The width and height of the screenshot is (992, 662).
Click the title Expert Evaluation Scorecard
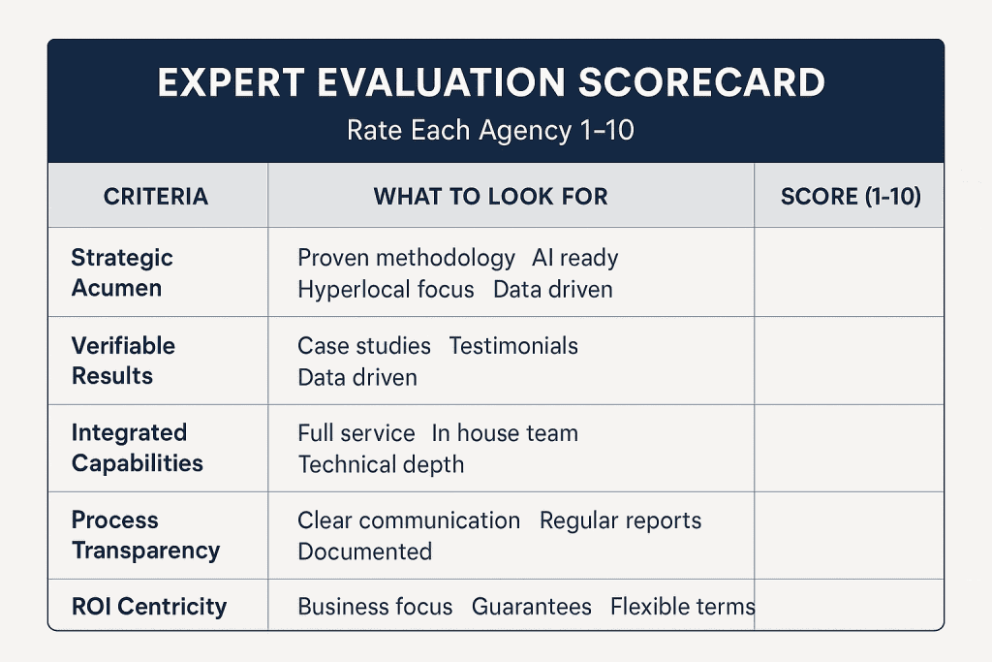(x=490, y=83)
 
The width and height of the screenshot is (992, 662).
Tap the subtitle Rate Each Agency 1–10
(x=490, y=129)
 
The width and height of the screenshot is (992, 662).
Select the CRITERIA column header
(x=155, y=197)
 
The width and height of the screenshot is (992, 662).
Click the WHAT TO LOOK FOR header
(x=490, y=197)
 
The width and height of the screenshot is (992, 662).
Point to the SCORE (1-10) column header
(x=851, y=197)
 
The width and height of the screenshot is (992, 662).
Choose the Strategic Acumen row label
(x=122, y=272)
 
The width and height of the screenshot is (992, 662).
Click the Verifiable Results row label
(x=123, y=360)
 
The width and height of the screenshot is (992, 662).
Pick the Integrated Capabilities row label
(x=137, y=447)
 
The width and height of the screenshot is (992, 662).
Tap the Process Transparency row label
(x=145, y=535)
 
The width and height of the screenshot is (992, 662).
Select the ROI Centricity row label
(x=148, y=607)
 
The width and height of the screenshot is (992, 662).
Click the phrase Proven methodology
(x=406, y=258)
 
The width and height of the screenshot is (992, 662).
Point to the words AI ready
(x=574, y=258)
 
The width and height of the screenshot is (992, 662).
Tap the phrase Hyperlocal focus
(x=386, y=289)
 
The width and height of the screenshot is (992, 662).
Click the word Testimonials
(x=513, y=346)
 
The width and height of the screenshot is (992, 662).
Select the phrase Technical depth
(x=381, y=464)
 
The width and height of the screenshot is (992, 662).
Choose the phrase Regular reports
(x=620, y=520)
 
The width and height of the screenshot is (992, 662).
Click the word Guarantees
(x=531, y=607)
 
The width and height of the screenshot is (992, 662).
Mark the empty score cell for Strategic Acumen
(x=849, y=272)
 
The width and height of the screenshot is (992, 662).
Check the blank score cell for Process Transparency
(x=849, y=535)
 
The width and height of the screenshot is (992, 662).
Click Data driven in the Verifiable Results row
(x=357, y=377)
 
